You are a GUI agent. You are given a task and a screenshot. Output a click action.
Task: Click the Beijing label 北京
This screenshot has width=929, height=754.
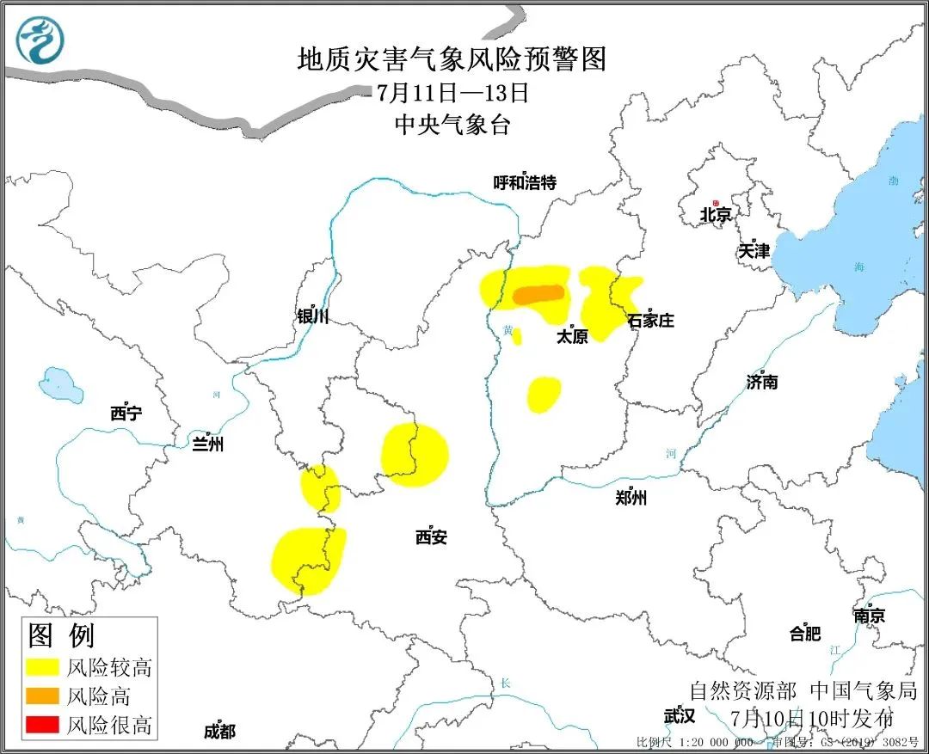pos(715,215)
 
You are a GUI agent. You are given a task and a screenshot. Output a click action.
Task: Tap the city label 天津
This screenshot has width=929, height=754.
pos(754,251)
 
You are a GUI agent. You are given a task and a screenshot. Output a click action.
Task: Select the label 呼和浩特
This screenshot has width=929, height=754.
pos(525,182)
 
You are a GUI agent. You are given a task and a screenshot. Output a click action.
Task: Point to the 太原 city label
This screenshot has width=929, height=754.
pos(572,336)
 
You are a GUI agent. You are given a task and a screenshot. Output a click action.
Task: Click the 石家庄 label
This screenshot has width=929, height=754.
pos(650,321)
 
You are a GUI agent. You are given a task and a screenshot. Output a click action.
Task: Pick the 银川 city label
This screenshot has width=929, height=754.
pos(312,316)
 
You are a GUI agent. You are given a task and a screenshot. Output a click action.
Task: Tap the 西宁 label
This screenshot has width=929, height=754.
pos(126,414)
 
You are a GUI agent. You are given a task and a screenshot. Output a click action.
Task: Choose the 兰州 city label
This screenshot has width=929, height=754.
pos(207,444)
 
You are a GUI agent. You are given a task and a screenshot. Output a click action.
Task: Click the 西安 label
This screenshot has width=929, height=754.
pos(431,537)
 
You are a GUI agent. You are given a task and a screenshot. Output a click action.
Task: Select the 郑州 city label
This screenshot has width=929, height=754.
pos(631,497)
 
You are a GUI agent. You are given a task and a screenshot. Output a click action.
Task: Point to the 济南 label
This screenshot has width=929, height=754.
pos(762,381)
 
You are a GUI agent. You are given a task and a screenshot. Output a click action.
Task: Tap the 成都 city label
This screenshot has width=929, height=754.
pos(219,731)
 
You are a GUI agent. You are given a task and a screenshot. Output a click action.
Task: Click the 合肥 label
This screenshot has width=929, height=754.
pos(805,634)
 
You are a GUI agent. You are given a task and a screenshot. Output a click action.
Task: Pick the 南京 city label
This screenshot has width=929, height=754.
pos(869,616)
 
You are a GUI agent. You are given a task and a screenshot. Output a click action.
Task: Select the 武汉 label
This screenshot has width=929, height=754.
pos(680,715)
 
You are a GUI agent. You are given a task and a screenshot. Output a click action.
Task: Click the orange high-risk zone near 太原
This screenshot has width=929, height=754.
pos(539,295)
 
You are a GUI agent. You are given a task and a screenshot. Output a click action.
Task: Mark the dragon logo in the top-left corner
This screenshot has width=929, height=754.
pos(40,40)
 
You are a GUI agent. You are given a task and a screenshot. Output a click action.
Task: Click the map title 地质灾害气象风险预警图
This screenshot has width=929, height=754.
pos(452,58)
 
